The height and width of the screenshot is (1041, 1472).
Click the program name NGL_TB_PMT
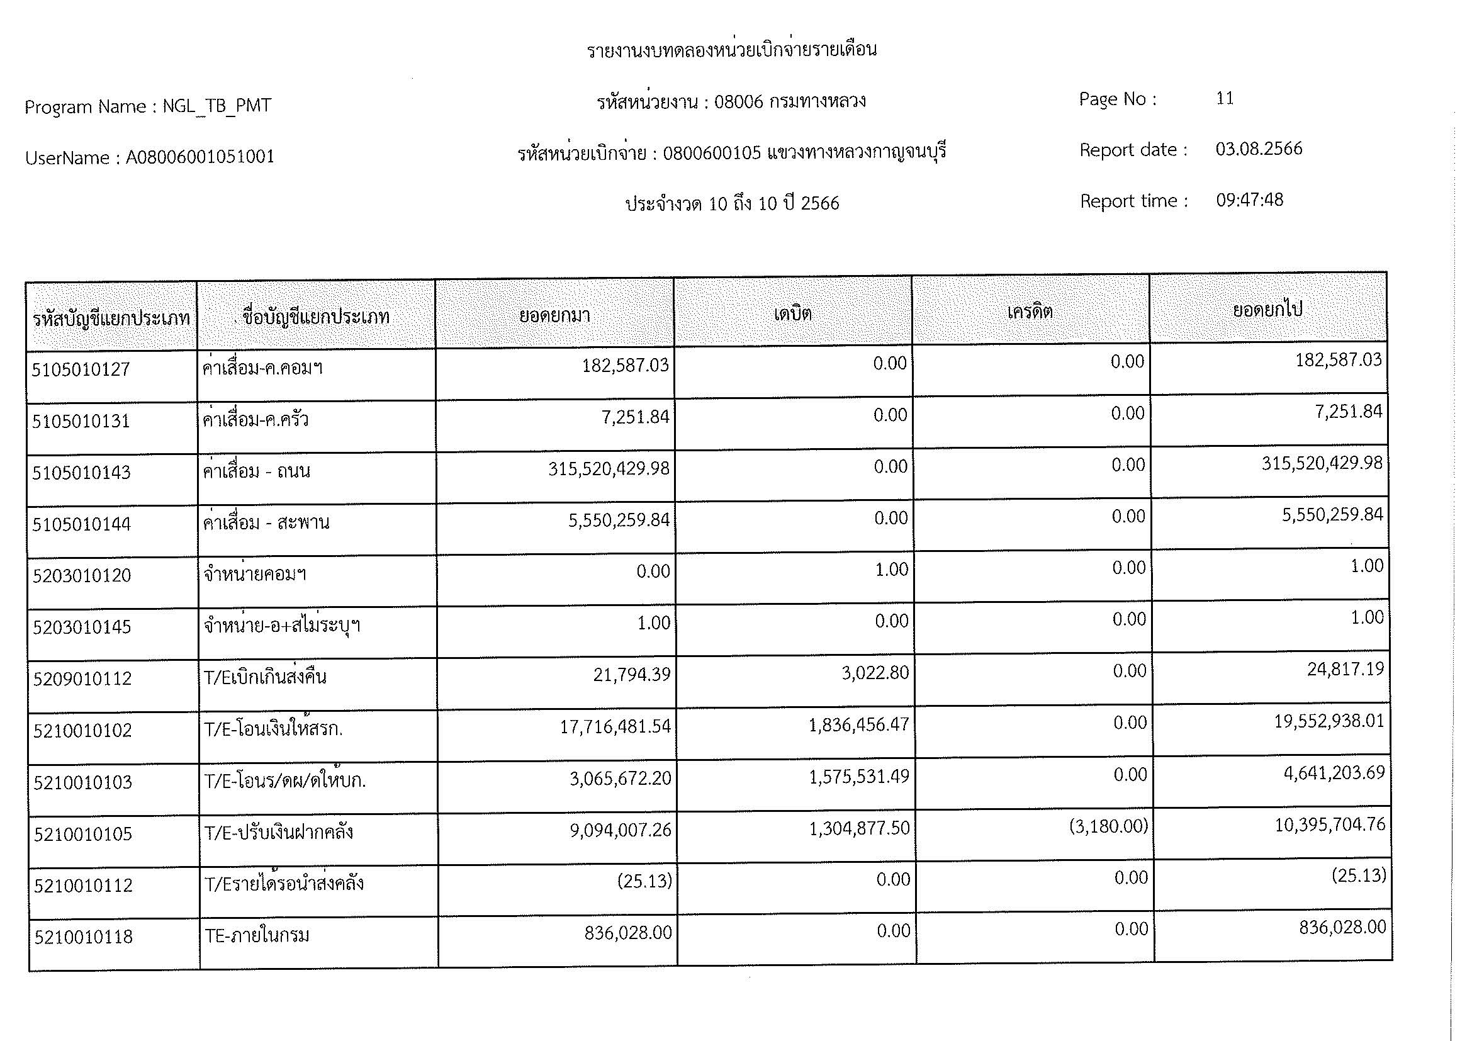pos(216,106)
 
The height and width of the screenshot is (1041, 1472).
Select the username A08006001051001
pos(200,157)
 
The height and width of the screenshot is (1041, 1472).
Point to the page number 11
pos(1225,99)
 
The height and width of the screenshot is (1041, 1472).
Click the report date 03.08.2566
pos(1259,149)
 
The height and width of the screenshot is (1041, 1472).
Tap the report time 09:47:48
pos(1250,200)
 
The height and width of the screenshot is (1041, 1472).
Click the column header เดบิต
pos(792,314)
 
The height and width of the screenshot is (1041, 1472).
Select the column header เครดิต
pos(1030,312)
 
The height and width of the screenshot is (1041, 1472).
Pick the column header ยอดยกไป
pos(1267,310)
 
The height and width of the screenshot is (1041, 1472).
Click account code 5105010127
pos(81,370)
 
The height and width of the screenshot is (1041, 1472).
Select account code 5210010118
pos(83,937)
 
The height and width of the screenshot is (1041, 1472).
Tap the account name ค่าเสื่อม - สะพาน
pos(266,523)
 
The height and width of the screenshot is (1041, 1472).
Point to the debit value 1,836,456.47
pos(859,725)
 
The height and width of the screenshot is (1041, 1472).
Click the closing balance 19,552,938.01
pos(1329,721)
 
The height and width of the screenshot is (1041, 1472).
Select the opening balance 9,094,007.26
pos(621,830)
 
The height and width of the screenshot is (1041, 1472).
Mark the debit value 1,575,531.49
pos(859,777)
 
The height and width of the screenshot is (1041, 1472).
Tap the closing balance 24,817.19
pos(1346,669)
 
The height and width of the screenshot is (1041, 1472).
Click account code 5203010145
pos(82,627)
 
